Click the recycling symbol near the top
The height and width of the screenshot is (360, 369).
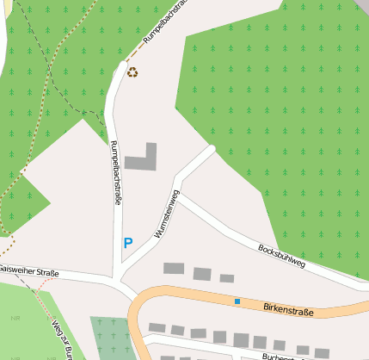132,72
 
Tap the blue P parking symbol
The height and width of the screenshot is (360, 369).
128,243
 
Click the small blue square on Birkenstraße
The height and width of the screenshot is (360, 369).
237,301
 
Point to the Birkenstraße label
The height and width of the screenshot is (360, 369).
288,308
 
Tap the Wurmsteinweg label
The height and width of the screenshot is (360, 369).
165,212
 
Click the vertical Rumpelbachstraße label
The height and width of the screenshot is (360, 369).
115,172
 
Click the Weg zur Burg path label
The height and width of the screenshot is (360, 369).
58,336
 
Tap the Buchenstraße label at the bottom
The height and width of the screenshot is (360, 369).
284,355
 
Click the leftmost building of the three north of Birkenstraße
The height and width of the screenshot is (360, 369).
174,269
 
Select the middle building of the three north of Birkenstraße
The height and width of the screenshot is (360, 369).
202,274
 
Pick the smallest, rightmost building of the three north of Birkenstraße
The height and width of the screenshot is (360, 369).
227,278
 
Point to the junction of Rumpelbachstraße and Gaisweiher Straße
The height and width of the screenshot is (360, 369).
115,280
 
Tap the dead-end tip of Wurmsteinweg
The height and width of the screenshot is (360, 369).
211,149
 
